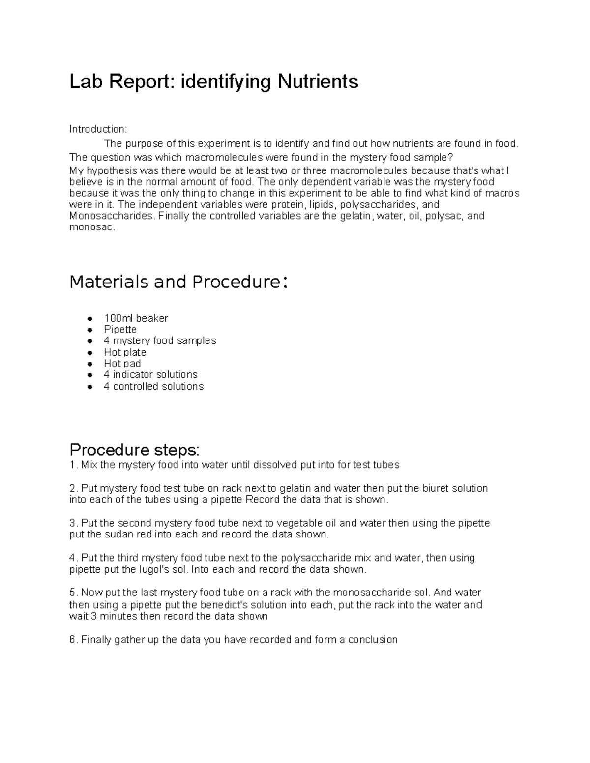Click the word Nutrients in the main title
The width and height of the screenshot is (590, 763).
pos(318,82)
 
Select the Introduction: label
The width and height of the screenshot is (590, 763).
pos(98,129)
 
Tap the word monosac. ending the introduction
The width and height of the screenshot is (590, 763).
pos(92,227)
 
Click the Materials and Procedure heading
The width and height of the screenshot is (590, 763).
pos(178,282)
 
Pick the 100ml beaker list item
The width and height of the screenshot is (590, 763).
pos(136,318)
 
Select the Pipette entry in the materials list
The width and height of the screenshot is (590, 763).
pos(120,330)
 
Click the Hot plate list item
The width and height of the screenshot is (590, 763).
pos(125,352)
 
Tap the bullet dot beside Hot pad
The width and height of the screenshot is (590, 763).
pos(89,364)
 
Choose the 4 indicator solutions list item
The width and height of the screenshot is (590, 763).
pos(150,375)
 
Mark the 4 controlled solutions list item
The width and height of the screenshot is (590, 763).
pos(153,387)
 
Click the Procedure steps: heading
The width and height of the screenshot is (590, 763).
pos(135,450)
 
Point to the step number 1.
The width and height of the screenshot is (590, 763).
pos(72,465)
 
